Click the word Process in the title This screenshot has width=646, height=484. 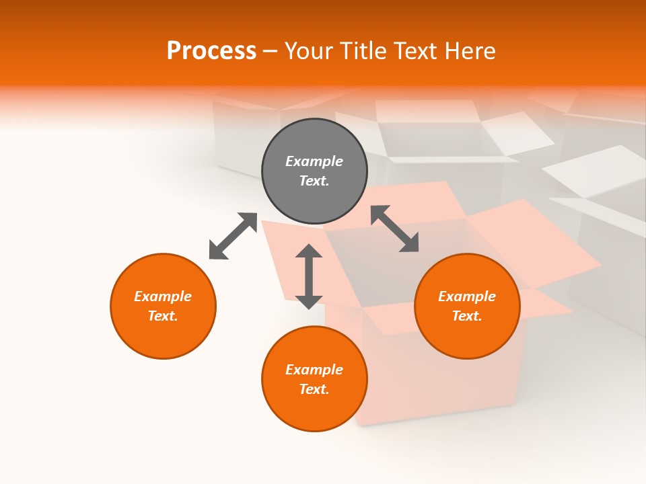(211, 51)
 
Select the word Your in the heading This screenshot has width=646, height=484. (310, 51)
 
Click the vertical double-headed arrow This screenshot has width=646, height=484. (309, 276)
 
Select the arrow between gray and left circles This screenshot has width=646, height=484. (233, 236)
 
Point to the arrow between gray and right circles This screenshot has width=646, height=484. (395, 229)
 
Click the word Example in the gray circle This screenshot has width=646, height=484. (314, 161)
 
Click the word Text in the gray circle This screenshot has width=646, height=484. (314, 181)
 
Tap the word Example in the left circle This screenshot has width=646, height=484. (163, 296)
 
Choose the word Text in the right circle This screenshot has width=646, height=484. (466, 316)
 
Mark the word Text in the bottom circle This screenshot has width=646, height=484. (314, 389)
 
